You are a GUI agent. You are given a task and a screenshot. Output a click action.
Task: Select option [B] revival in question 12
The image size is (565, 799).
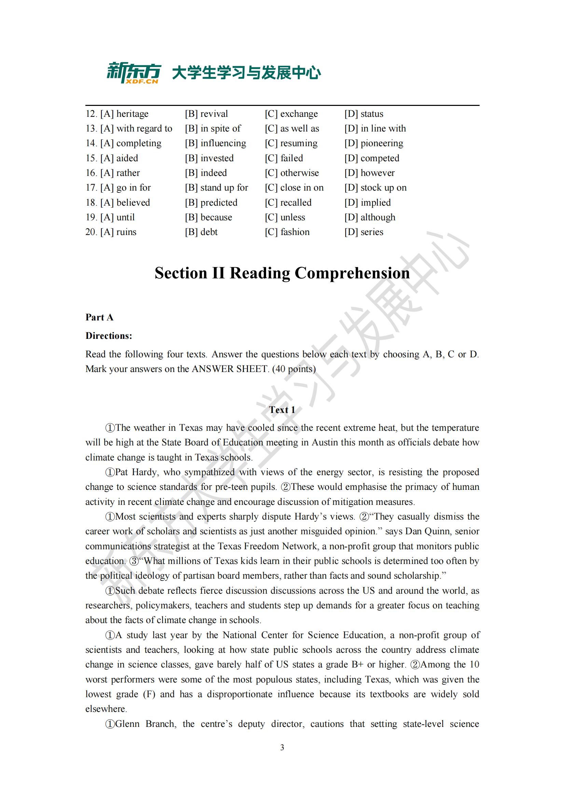206,114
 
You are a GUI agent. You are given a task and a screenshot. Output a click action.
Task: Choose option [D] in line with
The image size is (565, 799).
375,128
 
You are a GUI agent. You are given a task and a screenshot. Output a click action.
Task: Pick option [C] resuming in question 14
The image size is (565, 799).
291,143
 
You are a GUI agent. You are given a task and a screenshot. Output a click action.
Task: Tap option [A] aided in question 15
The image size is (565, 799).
119,159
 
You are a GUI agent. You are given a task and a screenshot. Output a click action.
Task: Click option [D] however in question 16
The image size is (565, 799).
370,173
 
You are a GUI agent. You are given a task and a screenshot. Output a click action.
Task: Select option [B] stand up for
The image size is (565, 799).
216,188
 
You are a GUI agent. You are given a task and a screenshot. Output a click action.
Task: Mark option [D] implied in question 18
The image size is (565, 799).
368,203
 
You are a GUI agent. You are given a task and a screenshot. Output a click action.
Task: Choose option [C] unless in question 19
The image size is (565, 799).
285,218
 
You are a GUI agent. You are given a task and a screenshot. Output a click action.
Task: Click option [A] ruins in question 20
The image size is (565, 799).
118,232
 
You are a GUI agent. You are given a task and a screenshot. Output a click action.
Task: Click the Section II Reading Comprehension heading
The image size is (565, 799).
282,273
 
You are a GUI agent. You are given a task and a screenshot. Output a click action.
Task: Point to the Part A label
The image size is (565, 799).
99,317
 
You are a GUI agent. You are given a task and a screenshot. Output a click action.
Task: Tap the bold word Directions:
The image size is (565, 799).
109,336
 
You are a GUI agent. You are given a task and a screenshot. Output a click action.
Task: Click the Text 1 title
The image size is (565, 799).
282,410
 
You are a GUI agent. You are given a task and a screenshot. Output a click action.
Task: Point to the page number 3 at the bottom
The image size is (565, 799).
282,747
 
